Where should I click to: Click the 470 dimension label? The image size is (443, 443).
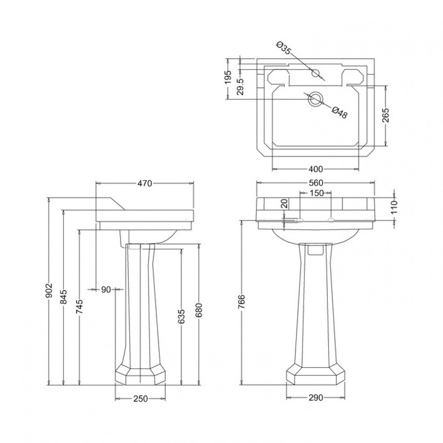tap(145, 183)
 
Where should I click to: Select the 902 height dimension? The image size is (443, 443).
tap(50, 290)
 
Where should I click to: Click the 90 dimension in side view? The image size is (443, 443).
tap(106, 290)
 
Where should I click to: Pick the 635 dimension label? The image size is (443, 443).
tap(182, 317)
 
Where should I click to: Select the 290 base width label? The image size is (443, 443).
tap(316, 397)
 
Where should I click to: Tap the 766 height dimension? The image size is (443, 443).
tap(242, 302)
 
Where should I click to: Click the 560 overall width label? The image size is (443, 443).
tap(316, 183)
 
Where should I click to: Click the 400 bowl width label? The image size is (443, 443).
tap(316, 169)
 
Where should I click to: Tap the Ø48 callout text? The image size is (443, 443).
tap(340, 112)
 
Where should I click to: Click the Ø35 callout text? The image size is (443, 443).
tap(284, 48)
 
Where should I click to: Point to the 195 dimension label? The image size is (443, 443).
tap(228, 77)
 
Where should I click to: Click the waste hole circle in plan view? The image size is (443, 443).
tap(316, 99)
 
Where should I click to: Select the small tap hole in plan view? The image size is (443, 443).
tap(315, 74)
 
